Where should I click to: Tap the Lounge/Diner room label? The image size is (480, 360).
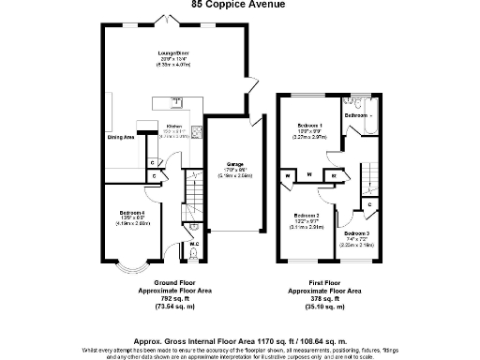[x=174, y=53]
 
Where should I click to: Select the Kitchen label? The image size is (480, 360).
[x=173, y=125]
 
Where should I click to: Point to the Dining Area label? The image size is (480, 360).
[x=120, y=137]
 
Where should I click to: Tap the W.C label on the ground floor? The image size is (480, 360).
[x=193, y=245]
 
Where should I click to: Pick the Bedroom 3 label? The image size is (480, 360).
[x=356, y=232]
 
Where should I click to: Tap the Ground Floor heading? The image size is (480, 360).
[x=170, y=282]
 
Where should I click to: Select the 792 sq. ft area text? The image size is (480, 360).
[x=170, y=299]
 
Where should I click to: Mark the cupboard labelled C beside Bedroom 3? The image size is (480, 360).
[x=370, y=203]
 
